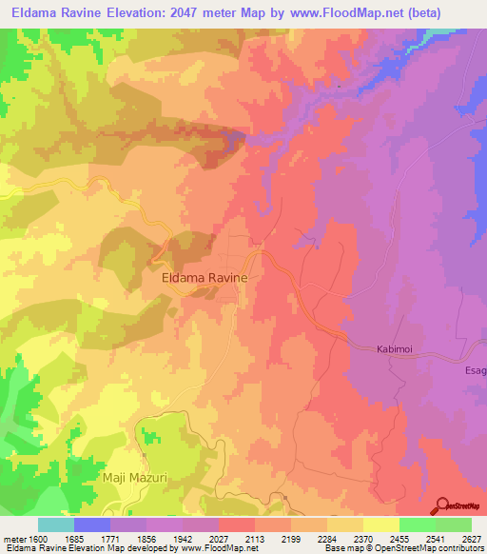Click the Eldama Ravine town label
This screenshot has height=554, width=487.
(205, 277)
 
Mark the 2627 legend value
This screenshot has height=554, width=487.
(471, 538)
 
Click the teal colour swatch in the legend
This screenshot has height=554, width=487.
(56, 524)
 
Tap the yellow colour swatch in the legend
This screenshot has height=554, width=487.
(380, 524)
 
